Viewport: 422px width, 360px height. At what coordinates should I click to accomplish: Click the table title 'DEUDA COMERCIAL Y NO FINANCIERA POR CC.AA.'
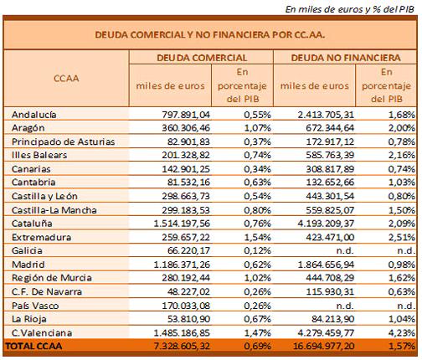[210, 35]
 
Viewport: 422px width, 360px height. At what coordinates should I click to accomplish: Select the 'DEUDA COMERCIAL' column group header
[202, 58]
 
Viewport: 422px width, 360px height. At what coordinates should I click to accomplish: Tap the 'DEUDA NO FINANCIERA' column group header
[346, 58]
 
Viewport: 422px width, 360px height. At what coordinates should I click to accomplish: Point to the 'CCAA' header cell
[66, 79]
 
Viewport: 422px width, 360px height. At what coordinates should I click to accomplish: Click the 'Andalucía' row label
[34, 115]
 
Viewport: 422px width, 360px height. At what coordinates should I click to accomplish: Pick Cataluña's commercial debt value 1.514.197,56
[182, 224]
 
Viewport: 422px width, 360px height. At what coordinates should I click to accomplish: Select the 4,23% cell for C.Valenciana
[401, 332]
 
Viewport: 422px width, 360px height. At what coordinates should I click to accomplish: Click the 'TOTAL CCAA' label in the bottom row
[33, 346]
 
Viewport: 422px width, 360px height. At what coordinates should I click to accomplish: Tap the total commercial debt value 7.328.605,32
[182, 346]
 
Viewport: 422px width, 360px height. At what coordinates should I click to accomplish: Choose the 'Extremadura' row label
[41, 237]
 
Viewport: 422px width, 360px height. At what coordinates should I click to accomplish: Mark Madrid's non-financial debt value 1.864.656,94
[326, 265]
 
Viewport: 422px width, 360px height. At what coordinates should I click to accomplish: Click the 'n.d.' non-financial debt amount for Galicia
[345, 250]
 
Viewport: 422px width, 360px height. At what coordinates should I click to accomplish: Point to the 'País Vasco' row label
[35, 306]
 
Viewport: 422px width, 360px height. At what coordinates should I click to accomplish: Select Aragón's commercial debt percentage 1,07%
[257, 128]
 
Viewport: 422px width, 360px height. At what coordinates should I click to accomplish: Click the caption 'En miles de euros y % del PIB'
[350, 9]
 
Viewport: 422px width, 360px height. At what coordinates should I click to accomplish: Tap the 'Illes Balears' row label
[39, 155]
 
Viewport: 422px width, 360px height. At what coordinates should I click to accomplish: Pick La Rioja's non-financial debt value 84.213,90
[332, 319]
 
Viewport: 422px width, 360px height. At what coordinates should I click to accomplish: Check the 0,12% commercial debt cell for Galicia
[257, 250]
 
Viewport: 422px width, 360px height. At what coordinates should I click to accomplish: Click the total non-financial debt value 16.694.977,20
[323, 346]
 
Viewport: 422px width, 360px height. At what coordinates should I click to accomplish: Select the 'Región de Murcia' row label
[52, 278]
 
